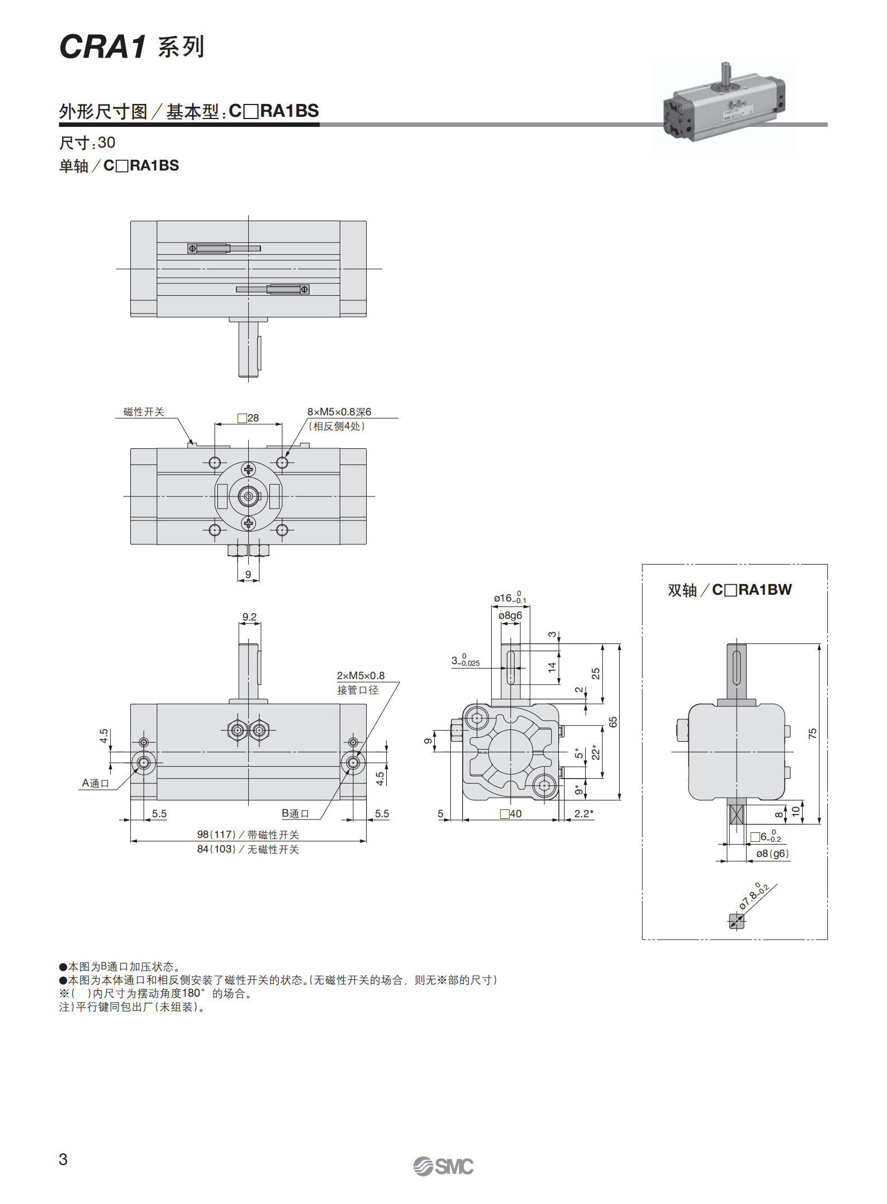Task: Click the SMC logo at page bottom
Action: click(443, 1166)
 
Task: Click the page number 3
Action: click(63, 1159)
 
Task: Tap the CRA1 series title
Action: click(132, 46)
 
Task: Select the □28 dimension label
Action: click(248, 418)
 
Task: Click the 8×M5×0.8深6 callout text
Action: click(339, 412)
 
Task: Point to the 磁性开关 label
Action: click(144, 412)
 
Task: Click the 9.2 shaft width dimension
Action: click(249, 617)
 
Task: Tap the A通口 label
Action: click(96, 783)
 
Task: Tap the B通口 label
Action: click(295, 813)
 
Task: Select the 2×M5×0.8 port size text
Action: click(361, 676)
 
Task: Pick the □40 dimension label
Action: click(511, 814)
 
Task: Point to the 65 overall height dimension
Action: click(613, 722)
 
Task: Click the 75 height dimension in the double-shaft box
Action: click(813, 733)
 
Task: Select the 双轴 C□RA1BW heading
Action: click(729, 590)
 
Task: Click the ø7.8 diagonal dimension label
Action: click(753, 896)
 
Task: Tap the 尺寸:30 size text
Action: click(87, 143)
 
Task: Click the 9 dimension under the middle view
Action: click(248, 574)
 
